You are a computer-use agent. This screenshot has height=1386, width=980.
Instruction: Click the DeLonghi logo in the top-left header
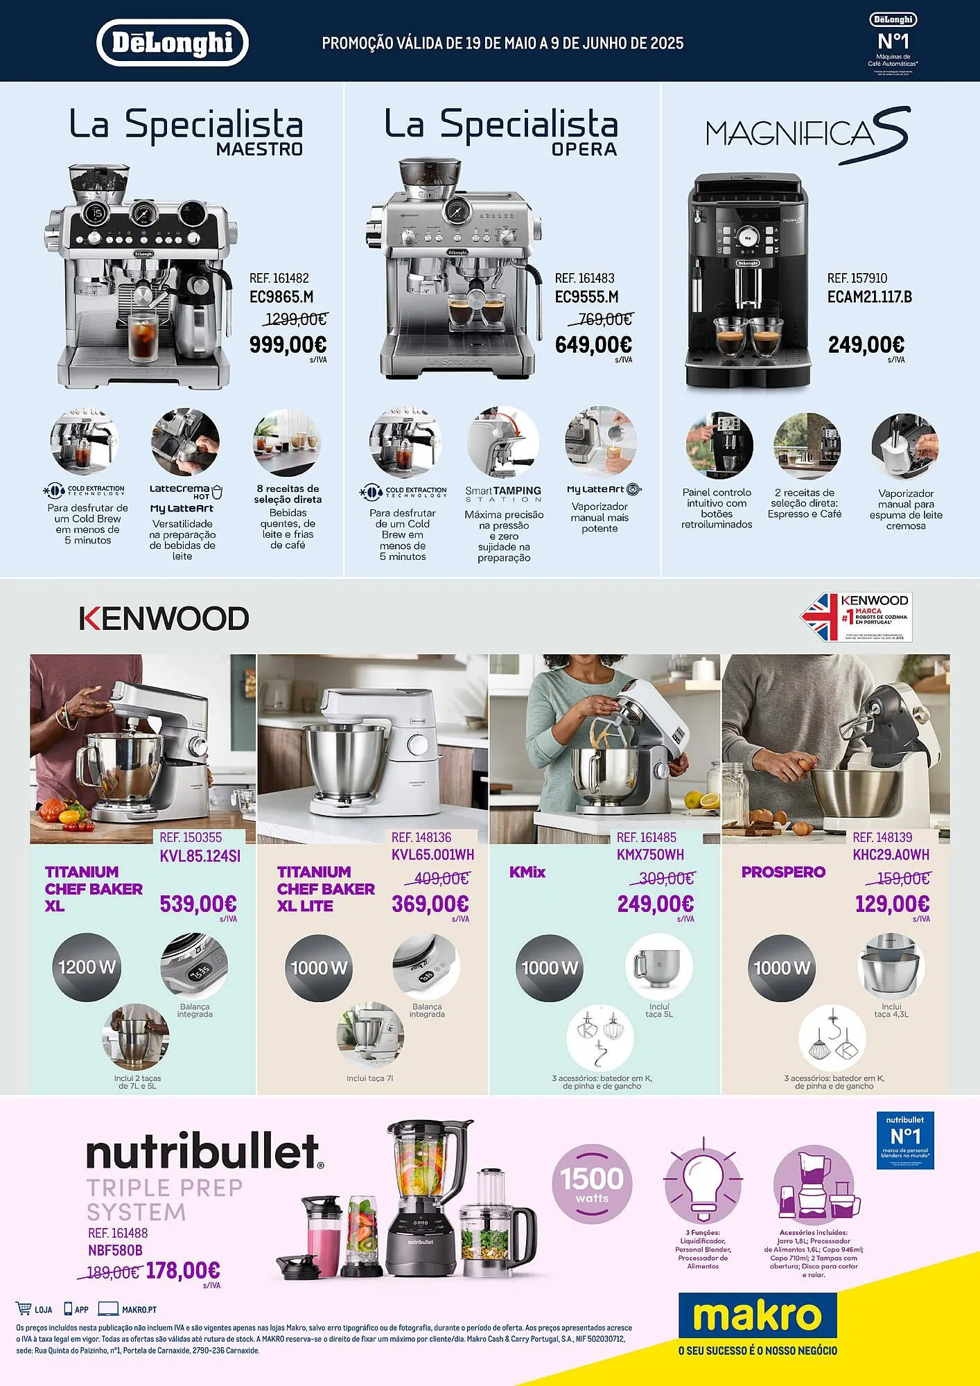[172, 42]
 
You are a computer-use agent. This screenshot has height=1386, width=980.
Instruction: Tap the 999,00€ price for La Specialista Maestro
[288, 344]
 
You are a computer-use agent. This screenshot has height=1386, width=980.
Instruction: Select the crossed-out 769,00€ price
[600, 319]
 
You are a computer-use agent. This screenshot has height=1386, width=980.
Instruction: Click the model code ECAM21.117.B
[869, 297]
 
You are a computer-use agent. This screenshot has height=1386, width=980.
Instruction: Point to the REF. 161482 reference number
[279, 278]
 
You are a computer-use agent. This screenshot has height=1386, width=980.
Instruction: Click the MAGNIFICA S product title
[807, 134]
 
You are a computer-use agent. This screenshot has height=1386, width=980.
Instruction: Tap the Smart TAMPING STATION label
[502, 493]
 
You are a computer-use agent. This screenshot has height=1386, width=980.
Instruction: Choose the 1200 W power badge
[87, 967]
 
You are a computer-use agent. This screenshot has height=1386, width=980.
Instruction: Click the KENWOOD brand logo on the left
[164, 618]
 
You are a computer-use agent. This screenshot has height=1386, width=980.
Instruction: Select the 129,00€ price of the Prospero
[892, 904]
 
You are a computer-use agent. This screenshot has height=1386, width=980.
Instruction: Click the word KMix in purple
[527, 872]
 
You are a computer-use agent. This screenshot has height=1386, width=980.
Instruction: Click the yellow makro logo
[757, 1315]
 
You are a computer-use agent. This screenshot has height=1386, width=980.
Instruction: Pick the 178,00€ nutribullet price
[183, 1270]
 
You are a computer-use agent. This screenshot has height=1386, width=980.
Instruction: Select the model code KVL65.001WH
[432, 854]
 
